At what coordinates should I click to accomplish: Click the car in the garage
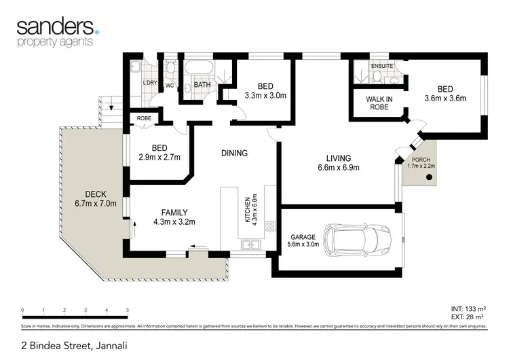[357, 239]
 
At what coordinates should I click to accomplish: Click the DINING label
[234, 154]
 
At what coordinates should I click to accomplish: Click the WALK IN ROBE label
[379, 103]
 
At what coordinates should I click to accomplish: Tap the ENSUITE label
[381, 67]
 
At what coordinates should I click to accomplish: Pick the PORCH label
[419, 160]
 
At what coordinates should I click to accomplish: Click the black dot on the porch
[429, 178]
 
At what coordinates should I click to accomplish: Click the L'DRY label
[150, 84]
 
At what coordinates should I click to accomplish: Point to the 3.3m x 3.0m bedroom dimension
[265, 96]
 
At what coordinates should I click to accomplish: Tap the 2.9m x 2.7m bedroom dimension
[159, 157]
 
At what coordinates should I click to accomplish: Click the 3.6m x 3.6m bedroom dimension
[445, 99]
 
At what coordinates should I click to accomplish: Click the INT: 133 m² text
[468, 308]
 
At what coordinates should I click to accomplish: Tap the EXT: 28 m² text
[468, 317]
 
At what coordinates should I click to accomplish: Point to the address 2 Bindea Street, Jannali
[64, 346]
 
